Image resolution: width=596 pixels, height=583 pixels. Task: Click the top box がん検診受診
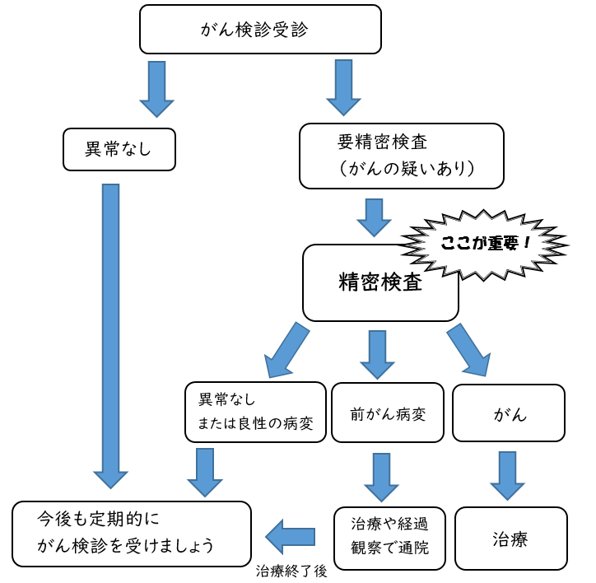click(260, 29)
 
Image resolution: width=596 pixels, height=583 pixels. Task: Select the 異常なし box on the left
click(119, 149)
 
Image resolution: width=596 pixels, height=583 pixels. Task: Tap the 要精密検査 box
click(401, 156)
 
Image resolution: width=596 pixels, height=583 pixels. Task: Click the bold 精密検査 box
click(380, 282)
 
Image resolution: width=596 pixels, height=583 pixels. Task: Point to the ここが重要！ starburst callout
click(484, 245)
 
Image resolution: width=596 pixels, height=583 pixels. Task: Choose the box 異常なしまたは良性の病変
click(255, 412)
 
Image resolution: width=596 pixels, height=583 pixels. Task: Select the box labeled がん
click(509, 413)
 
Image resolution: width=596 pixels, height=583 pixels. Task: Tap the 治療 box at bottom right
click(510, 539)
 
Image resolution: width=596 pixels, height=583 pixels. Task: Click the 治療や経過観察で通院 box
click(389, 537)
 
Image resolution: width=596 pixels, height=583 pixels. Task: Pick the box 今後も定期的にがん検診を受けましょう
click(132, 534)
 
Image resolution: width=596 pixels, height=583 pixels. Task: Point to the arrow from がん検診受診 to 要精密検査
click(344, 86)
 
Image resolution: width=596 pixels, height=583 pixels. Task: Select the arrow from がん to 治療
click(508, 475)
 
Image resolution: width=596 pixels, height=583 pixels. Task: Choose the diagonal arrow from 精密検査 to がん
click(468, 350)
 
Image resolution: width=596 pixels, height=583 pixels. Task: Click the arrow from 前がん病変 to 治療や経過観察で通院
click(381, 477)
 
